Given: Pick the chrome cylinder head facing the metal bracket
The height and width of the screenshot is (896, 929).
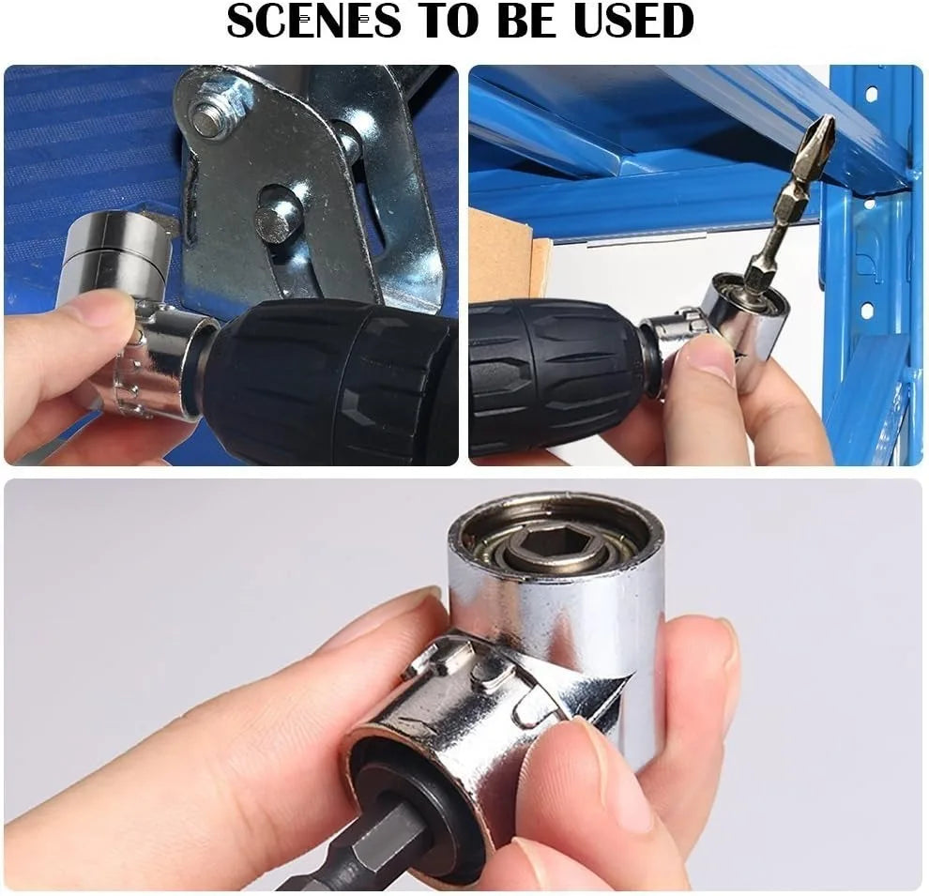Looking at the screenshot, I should coord(108,249).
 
